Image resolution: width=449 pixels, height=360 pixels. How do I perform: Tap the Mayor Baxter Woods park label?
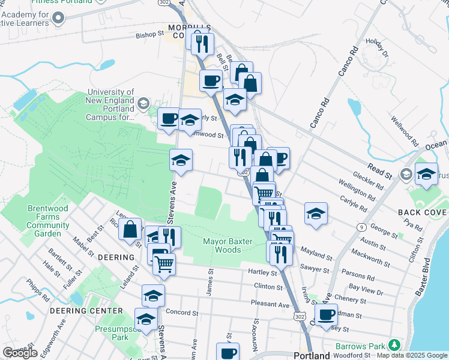pos(221,245)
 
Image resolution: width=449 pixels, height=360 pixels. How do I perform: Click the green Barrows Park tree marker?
pos(394,345)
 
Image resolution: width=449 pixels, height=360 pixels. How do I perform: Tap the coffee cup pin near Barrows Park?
pos(327,315)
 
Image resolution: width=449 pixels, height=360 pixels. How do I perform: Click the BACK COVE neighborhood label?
pos(423,213)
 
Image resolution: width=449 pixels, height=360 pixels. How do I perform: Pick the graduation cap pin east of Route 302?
pos(316,214)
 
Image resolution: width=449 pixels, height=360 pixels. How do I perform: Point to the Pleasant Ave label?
pos(270,304)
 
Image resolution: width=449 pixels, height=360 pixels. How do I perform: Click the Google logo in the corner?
pos(20,353)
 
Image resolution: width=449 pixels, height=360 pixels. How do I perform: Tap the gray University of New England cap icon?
pos(143,104)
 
